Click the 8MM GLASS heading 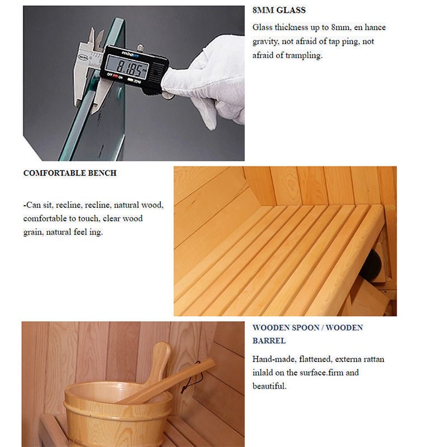(x=279, y=10)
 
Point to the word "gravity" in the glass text (x=265, y=41)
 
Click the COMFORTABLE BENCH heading (x=70, y=173)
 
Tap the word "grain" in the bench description (x=33, y=232)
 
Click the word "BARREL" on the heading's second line (x=269, y=341)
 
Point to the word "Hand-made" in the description (x=274, y=359)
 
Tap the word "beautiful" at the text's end (x=269, y=386)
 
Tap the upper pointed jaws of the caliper (x=96, y=39)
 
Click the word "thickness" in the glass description (x=291, y=27)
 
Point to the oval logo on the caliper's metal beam (x=83, y=58)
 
